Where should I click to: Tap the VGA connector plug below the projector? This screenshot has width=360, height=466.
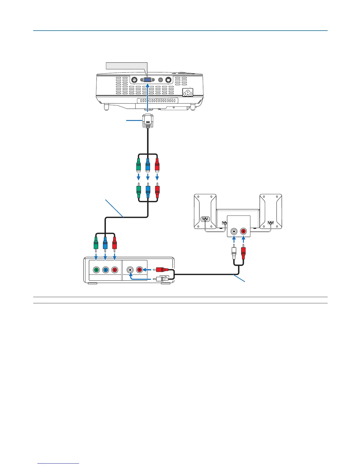pos(147,121)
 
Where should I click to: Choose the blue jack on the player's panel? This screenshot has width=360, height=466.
pos(105,270)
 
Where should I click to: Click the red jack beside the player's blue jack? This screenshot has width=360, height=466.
pos(115,270)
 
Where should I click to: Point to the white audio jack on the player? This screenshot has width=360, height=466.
pos(130,270)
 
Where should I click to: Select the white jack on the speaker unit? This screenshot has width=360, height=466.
pos(234,231)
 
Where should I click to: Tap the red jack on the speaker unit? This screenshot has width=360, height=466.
pos(244,231)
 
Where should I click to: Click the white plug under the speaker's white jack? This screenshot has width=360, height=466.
pos(234,252)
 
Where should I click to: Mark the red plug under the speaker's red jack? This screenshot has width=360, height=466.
pos(243,252)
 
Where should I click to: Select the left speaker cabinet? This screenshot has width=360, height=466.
pos(205,211)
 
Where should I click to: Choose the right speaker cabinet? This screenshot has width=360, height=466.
pos(271,211)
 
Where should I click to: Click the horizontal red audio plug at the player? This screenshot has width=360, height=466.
pos(161,269)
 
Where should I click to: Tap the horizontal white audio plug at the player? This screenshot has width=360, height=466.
pos(161,279)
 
